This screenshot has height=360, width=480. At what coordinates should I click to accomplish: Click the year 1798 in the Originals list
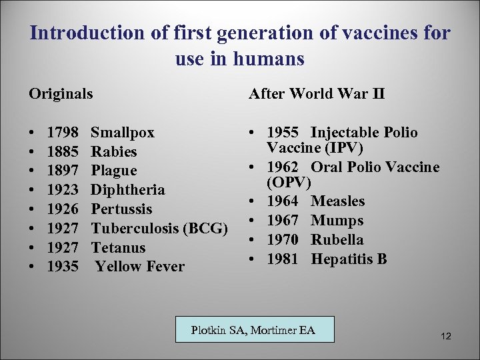click(63, 133)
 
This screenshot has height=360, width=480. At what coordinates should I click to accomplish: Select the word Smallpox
click(123, 133)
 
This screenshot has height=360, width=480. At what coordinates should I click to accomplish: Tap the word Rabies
click(114, 152)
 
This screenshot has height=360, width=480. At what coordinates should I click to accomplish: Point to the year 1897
click(63, 171)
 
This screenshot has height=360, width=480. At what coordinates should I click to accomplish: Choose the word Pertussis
click(122, 209)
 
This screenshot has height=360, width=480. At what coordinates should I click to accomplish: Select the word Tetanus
click(118, 248)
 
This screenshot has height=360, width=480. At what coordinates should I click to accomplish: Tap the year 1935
click(63, 267)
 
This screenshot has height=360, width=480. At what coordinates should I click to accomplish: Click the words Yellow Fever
click(140, 267)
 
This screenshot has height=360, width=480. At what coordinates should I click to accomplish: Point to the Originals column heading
click(61, 94)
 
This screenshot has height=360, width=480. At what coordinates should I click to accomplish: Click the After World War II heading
click(317, 94)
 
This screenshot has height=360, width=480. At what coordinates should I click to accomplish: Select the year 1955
click(283, 133)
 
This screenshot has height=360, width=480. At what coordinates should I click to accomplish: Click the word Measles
click(338, 201)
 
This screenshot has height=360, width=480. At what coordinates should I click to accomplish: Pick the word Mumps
click(337, 221)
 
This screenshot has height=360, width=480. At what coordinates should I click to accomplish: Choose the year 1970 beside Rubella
click(283, 239)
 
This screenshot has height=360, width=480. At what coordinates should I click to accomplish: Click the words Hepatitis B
click(349, 259)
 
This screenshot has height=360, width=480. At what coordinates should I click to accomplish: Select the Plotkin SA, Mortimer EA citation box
click(254, 329)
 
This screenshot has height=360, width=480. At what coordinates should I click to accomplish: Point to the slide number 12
click(446, 337)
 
